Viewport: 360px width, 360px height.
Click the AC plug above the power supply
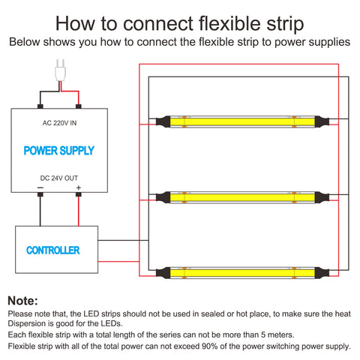[60, 70]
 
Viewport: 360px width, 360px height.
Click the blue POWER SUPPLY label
[59, 151]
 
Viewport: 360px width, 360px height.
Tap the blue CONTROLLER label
[53, 250]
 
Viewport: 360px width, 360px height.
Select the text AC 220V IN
[59, 123]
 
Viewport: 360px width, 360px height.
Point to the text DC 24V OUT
[59, 178]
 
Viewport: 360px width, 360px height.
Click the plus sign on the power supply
[79, 187]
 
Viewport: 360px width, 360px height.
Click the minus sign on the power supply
[40, 187]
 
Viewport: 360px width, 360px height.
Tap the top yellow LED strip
[242, 121]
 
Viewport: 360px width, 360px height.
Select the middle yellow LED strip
[242, 197]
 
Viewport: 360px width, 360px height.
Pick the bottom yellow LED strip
[242, 273]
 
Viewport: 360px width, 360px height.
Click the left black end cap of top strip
[163, 121]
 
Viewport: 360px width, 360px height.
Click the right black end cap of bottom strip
[322, 273]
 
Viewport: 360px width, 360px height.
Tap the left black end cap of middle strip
[163, 197]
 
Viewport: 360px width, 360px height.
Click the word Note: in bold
[22, 301]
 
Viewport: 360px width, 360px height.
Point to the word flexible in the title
[229, 24]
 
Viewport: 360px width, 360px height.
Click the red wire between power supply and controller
[79, 211]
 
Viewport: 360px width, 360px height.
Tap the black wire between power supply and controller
[40, 211]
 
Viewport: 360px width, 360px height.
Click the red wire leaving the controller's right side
[118, 262]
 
